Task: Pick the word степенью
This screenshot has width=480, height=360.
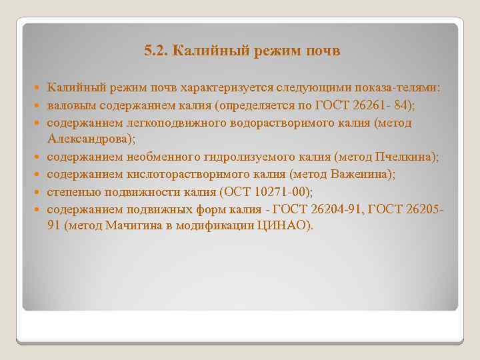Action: (x=73, y=192)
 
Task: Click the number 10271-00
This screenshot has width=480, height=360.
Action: (x=280, y=192)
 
